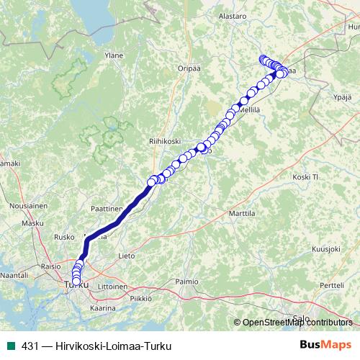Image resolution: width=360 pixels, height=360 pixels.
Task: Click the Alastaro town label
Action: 233,14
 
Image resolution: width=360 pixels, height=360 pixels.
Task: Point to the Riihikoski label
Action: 164,141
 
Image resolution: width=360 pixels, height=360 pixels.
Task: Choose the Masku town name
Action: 33,223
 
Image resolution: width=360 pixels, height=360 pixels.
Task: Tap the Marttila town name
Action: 242,214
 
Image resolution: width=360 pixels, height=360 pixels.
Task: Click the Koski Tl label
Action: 305,177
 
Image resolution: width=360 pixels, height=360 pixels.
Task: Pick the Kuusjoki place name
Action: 325,248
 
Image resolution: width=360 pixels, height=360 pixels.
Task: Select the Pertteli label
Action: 332,286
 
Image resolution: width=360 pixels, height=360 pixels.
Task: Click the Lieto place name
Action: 126,255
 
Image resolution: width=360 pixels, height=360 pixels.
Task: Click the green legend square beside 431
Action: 10,345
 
